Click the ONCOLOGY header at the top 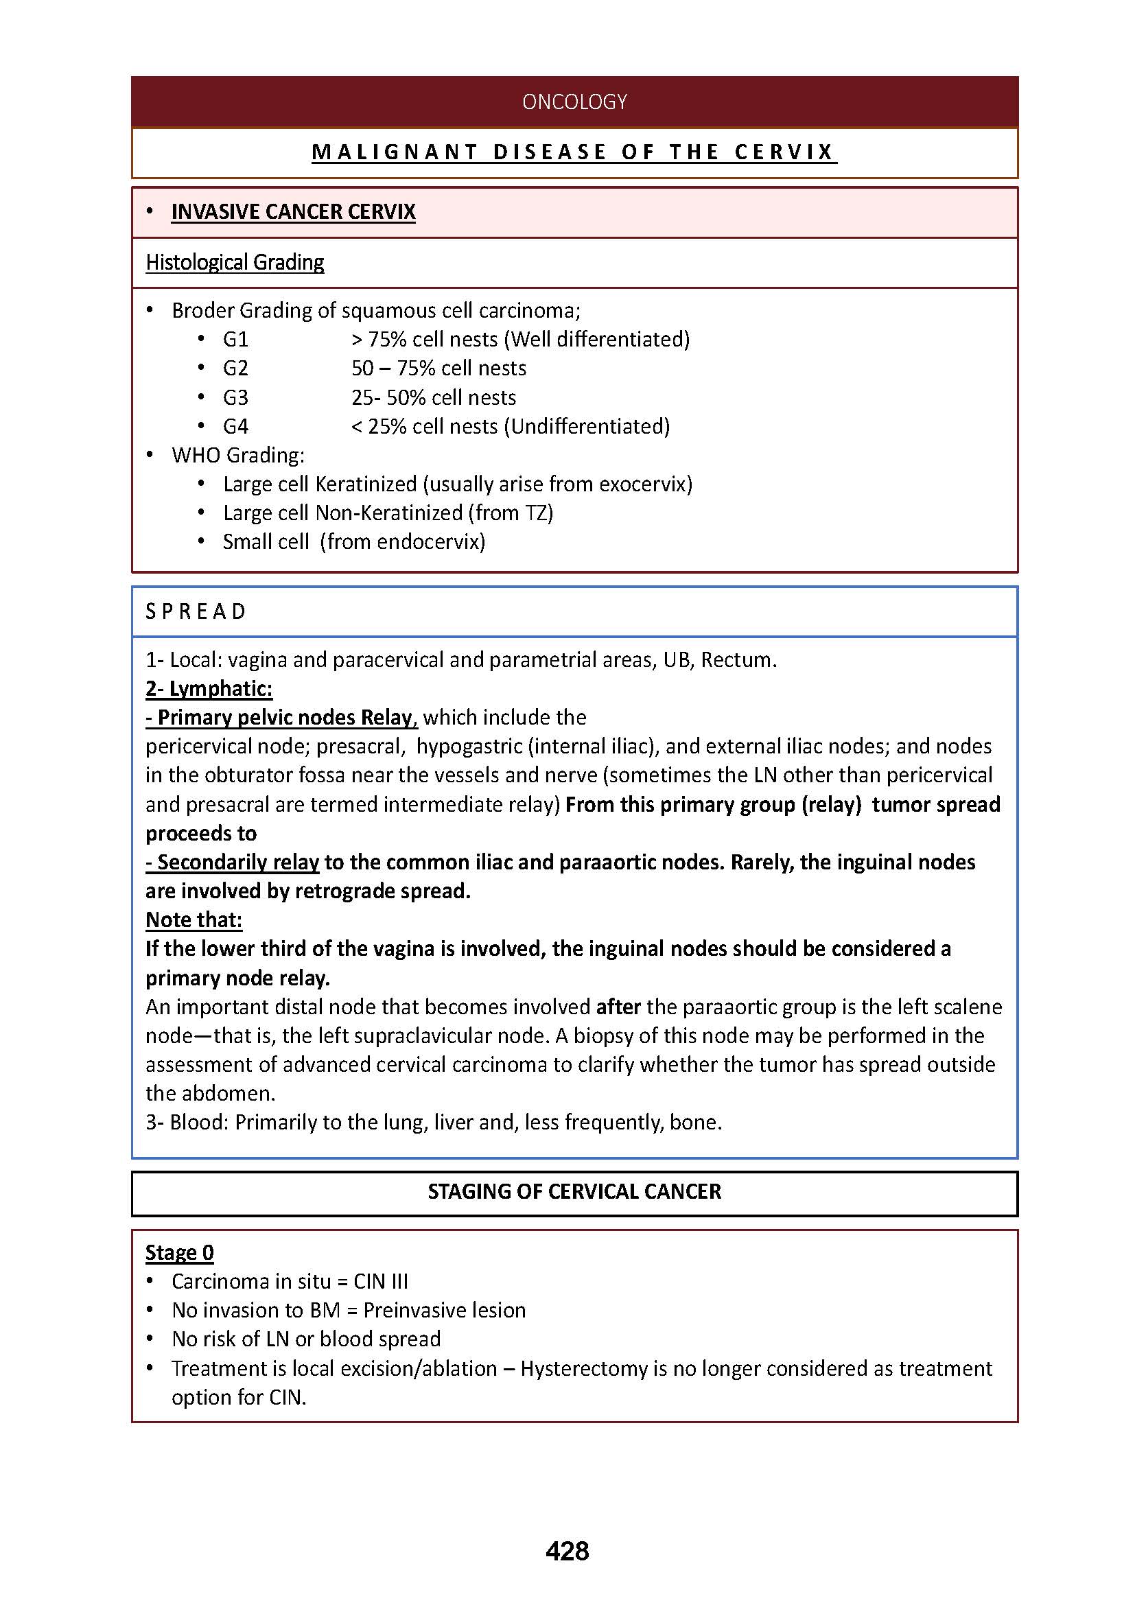pyautogui.click(x=574, y=102)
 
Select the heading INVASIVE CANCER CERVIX pyautogui.click(x=293, y=212)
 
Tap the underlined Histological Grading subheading pyautogui.click(x=235, y=262)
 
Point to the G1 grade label pyautogui.click(x=235, y=340)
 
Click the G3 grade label pyautogui.click(x=235, y=398)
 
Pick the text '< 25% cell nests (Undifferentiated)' pyautogui.click(x=510, y=426)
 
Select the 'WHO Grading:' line pyautogui.click(x=237, y=455)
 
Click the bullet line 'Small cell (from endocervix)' pyautogui.click(x=353, y=542)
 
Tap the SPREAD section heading pyautogui.click(x=196, y=611)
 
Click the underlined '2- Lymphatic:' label pyautogui.click(x=209, y=688)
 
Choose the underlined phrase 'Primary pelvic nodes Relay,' pyautogui.click(x=281, y=717)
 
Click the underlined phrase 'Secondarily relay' pyautogui.click(x=233, y=862)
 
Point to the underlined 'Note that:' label pyautogui.click(x=194, y=920)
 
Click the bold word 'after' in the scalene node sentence pyautogui.click(x=618, y=1007)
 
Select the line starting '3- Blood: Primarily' pyautogui.click(x=433, y=1122)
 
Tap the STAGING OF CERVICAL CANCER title pyautogui.click(x=574, y=1191)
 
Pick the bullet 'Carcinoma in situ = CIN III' pyautogui.click(x=290, y=1281)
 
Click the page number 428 pyautogui.click(x=567, y=1551)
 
